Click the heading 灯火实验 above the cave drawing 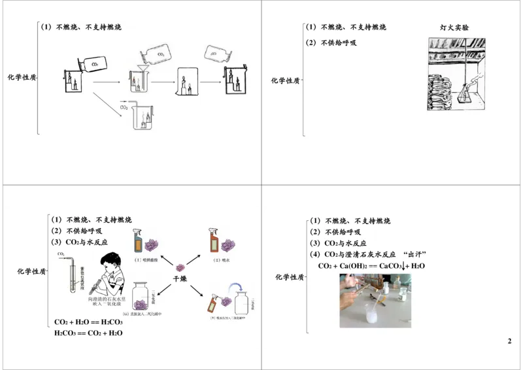point(454,27)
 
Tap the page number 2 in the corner point(509,341)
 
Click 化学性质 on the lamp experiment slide point(285,81)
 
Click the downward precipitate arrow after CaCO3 point(407,266)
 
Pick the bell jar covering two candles point(186,81)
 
